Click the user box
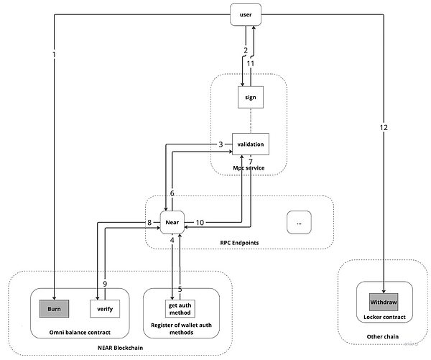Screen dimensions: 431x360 246,14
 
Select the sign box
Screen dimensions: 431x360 251,97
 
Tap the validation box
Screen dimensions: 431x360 251,144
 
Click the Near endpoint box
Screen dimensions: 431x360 172,222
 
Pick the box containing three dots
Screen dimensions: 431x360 299,222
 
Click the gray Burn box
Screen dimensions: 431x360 54,308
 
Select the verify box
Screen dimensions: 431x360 105,308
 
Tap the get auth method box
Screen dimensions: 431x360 180,308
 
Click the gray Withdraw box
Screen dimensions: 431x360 384,302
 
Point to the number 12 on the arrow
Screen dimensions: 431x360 384,127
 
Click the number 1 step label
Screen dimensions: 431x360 54,55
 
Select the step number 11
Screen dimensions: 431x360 251,63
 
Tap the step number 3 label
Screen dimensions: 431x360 221,144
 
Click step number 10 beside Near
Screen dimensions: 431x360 200,222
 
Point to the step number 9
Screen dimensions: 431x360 105,284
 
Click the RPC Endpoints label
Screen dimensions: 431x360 239,243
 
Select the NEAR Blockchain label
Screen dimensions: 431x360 121,348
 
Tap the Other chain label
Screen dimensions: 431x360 382,336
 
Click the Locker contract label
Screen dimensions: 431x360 384,317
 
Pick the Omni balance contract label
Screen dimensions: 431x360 80,332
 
